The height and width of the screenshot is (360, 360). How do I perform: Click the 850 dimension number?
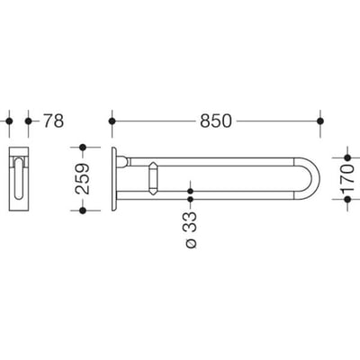coord(216,121)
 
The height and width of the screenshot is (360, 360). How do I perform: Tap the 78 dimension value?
coord(54,121)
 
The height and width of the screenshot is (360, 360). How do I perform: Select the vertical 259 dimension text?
coord(82,179)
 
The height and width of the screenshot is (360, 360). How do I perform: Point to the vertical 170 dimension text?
coord(347,178)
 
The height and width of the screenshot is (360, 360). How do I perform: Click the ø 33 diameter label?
coord(191,229)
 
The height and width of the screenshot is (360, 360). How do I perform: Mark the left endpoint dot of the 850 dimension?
coord(112,121)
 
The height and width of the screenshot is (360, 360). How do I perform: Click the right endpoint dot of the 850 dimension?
coord(320,121)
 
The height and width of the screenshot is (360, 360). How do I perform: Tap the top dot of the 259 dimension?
coord(83,148)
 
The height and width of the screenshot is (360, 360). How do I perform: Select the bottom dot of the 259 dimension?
coord(83,211)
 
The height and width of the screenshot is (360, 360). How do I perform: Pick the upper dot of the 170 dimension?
coord(347,157)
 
